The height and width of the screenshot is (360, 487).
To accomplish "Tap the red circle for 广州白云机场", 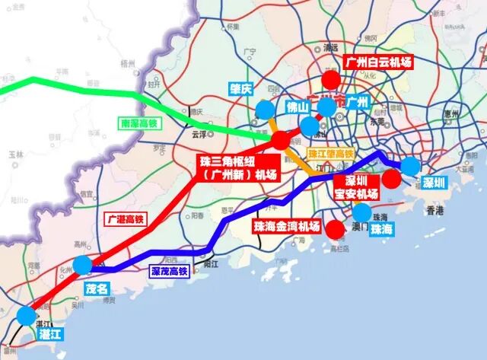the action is (331, 80).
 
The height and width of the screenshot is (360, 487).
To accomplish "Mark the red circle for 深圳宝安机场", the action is (391, 179).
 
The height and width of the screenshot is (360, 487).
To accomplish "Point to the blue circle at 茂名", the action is (83, 265).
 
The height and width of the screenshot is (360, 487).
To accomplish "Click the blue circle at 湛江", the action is (28, 315).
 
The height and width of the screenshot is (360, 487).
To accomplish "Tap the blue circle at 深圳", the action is (410, 166).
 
